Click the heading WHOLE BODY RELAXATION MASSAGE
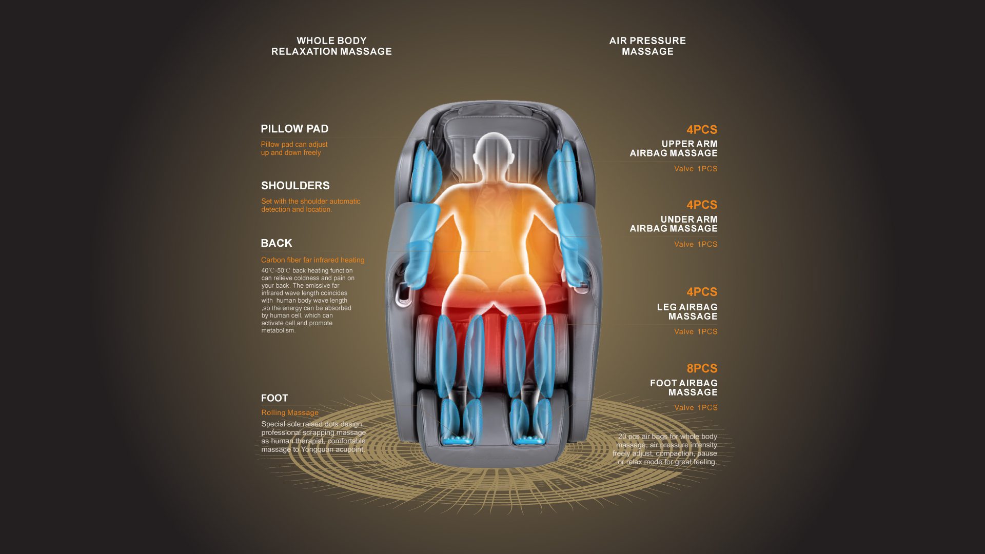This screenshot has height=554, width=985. coord(331,46)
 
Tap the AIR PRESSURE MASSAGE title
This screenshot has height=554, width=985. coord(647,46)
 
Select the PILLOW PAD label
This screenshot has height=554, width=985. coord(294,129)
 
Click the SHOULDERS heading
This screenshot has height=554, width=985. coord(295,186)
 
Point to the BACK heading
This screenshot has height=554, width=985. coord(277,243)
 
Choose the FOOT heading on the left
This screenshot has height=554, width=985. coord(274,398)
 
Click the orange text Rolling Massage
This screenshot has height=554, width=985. coord(290,412)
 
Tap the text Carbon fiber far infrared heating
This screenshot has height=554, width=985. coord(313,260)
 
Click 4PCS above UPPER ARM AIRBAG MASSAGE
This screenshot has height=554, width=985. coord(702,130)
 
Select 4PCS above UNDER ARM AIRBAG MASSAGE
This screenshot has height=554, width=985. coord(702,205)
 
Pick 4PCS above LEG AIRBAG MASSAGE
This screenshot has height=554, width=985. coord(702,292)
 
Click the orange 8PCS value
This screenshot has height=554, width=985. coord(702,368)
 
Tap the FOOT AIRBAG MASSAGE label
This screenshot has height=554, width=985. coord(684,388)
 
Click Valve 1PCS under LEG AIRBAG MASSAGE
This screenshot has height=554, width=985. coord(696,332)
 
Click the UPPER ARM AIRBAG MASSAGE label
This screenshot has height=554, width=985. coord(674,149)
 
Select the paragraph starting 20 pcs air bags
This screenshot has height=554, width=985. coord(665,449)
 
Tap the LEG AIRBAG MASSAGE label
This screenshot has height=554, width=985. coord(687,312)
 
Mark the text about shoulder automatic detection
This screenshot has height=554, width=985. coord(311,205)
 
